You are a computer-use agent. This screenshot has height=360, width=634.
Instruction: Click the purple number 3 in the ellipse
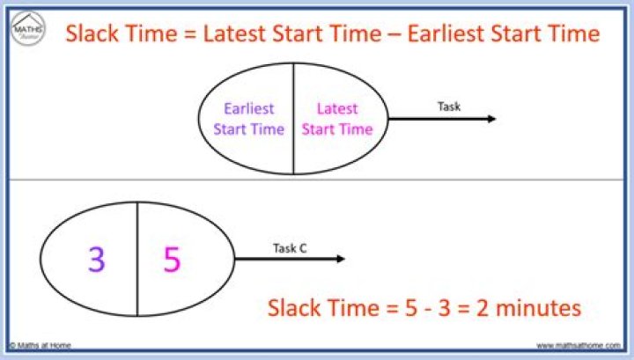[97, 260]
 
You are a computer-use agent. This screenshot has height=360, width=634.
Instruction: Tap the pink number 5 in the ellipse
[173, 260]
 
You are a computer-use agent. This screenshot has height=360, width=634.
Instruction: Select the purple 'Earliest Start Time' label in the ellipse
[248, 119]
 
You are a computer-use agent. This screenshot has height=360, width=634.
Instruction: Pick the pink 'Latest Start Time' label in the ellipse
[337, 119]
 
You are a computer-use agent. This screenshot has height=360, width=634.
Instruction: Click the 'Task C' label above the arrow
[290, 248]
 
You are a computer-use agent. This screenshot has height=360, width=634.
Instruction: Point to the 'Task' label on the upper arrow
[449, 107]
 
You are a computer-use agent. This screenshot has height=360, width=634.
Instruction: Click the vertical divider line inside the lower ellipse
[137, 259]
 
